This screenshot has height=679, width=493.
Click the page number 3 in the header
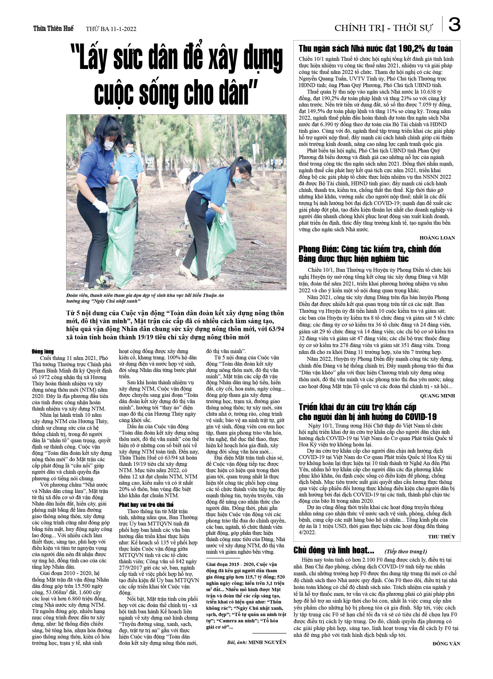pyautogui.click(x=454, y=25)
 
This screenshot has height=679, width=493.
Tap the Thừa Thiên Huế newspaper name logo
pyautogui.click(x=53, y=28)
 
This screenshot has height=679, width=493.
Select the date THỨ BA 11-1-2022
pyautogui.click(x=111, y=29)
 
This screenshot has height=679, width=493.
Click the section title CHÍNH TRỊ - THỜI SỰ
pyautogui.click(x=384, y=28)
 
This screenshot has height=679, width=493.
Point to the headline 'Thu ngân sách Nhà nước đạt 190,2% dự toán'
pyautogui.click(x=375, y=48)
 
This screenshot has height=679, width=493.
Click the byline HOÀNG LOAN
pyautogui.click(x=437, y=238)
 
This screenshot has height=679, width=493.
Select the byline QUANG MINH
pyautogui.click(x=437, y=395)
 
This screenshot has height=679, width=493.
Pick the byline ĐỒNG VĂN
pyautogui.click(x=446, y=643)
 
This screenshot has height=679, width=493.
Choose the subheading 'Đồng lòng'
pyautogui.click(x=43, y=351)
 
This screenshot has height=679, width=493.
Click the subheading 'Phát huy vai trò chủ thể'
pyautogui.click(x=146, y=504)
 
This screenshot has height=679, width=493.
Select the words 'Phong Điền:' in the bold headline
pyautogui.click(x=318, y=249)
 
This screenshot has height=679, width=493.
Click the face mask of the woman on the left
pyautogui.click(x=109, y=145)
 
